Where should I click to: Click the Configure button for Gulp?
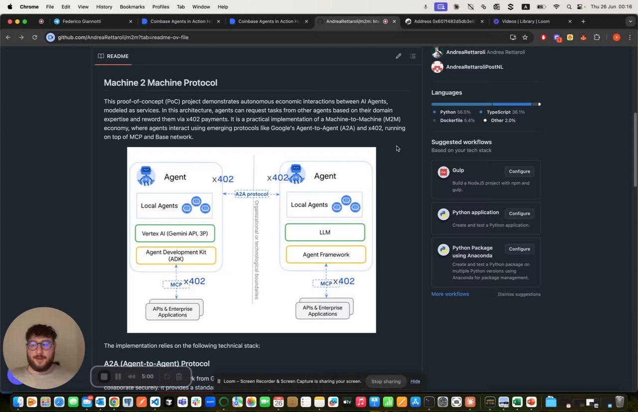(x=519, y=172)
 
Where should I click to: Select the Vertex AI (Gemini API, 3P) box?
(x=175, y=233)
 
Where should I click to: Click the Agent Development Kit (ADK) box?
(x=176, y=255)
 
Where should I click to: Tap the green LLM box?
(x=325, y=232)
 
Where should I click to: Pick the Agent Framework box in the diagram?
(x=326, y=254)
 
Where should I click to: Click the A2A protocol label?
(x=252, y=194)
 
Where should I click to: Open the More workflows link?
(x=450, y=294)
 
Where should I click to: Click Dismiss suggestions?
(x=519, y=294)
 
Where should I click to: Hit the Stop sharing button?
(x=386, y=382)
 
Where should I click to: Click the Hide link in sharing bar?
(x=415, y=382)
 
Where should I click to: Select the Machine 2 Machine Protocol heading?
(x=160, y=83)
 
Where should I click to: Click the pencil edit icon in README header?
(x=398, y=56)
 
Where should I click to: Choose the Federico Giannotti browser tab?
(x=82, y=21)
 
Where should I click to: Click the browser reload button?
(x=34, y=37)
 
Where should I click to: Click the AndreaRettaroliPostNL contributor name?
(x=475, y=67)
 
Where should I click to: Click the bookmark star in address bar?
(x=525, y=37)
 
